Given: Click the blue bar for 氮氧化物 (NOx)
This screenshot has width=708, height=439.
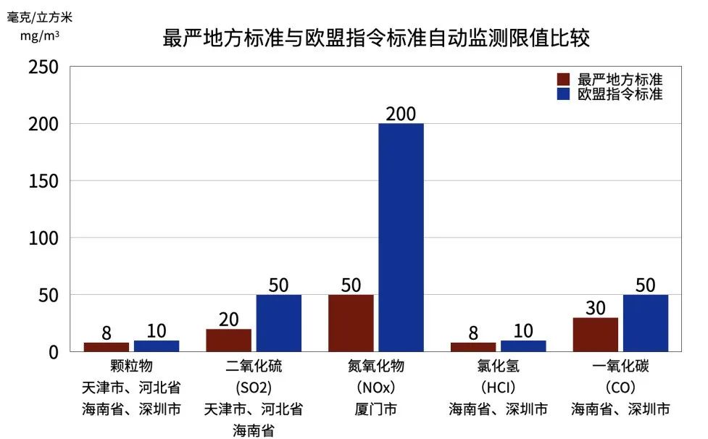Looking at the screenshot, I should coord(401,238).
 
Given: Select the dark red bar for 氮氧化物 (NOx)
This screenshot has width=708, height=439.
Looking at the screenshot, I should coord(351,323).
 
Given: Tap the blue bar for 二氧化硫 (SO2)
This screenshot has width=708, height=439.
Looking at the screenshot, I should coord(278,323).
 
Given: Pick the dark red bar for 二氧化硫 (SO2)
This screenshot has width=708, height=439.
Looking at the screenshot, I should coord(229,340).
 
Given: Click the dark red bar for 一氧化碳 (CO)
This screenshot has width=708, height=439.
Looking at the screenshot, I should coord(596,335).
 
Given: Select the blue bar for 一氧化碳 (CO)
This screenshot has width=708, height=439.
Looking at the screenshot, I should coord(645,323).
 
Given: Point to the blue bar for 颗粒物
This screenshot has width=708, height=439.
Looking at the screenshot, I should coord(157,346).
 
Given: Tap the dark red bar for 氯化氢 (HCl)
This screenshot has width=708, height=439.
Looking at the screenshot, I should coord(473,347).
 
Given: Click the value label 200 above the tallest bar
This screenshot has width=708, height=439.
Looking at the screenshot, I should coord(401,114).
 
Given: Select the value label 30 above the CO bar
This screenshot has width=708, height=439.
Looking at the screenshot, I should coord(596,308).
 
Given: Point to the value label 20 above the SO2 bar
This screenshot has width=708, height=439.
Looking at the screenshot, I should coord(229,319).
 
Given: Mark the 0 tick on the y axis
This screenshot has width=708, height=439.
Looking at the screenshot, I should coord(52,352).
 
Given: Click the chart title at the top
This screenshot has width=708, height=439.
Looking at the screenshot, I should coord(376,38).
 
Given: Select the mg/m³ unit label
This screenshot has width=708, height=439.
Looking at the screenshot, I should coord(34,33).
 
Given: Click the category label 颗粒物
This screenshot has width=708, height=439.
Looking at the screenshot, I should coord(131,367).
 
